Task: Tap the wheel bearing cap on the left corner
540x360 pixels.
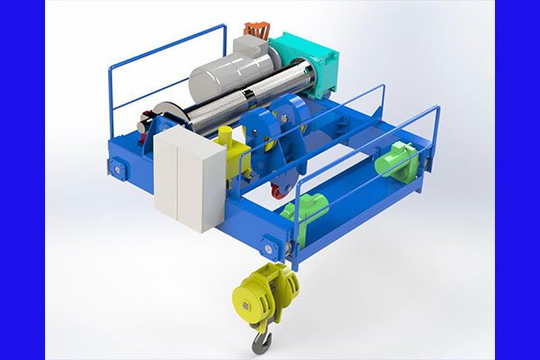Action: tap(115, 166)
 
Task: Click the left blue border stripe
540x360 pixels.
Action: tap(22, 180)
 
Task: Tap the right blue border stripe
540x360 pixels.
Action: tap(517, 180)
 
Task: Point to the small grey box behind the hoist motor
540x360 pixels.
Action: tap(246, 45)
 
